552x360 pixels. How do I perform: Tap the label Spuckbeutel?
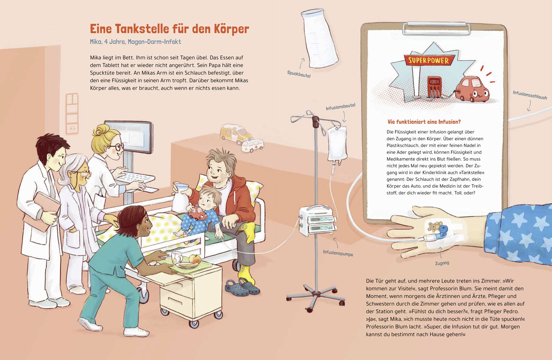coord(299,74)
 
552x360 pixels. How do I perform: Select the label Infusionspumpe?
coord(338,253)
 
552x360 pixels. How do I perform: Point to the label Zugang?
coord(442,263)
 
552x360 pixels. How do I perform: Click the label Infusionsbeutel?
coord(340,107)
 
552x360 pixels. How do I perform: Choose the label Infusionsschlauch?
coord(530,95)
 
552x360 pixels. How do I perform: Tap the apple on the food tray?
coord(195,259)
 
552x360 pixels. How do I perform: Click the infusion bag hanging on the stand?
coord(337,145)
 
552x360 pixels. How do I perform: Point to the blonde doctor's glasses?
coord(116,147)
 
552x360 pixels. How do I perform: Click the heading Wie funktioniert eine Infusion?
coord(424,122)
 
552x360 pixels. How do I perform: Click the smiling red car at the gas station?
coord(472,90)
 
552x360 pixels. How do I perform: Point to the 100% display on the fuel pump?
coord(434,81)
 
